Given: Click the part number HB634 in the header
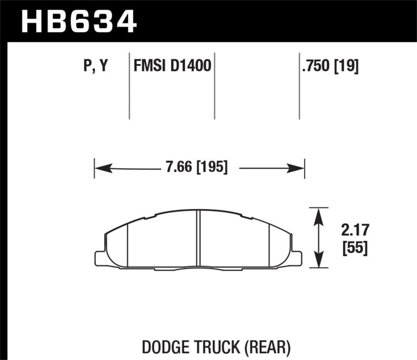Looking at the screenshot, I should pos(78,21).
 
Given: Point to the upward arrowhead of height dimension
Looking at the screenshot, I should pos(317,212).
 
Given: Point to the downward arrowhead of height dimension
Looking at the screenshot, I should pos(317,264).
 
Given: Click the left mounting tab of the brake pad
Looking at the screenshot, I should pos(100,258).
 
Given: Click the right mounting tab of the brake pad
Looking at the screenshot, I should pos(297,258).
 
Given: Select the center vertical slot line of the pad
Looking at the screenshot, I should pos(199,240).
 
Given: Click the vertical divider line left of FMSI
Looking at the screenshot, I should pos(129,86).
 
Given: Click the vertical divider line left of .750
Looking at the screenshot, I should pos(299,86).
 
